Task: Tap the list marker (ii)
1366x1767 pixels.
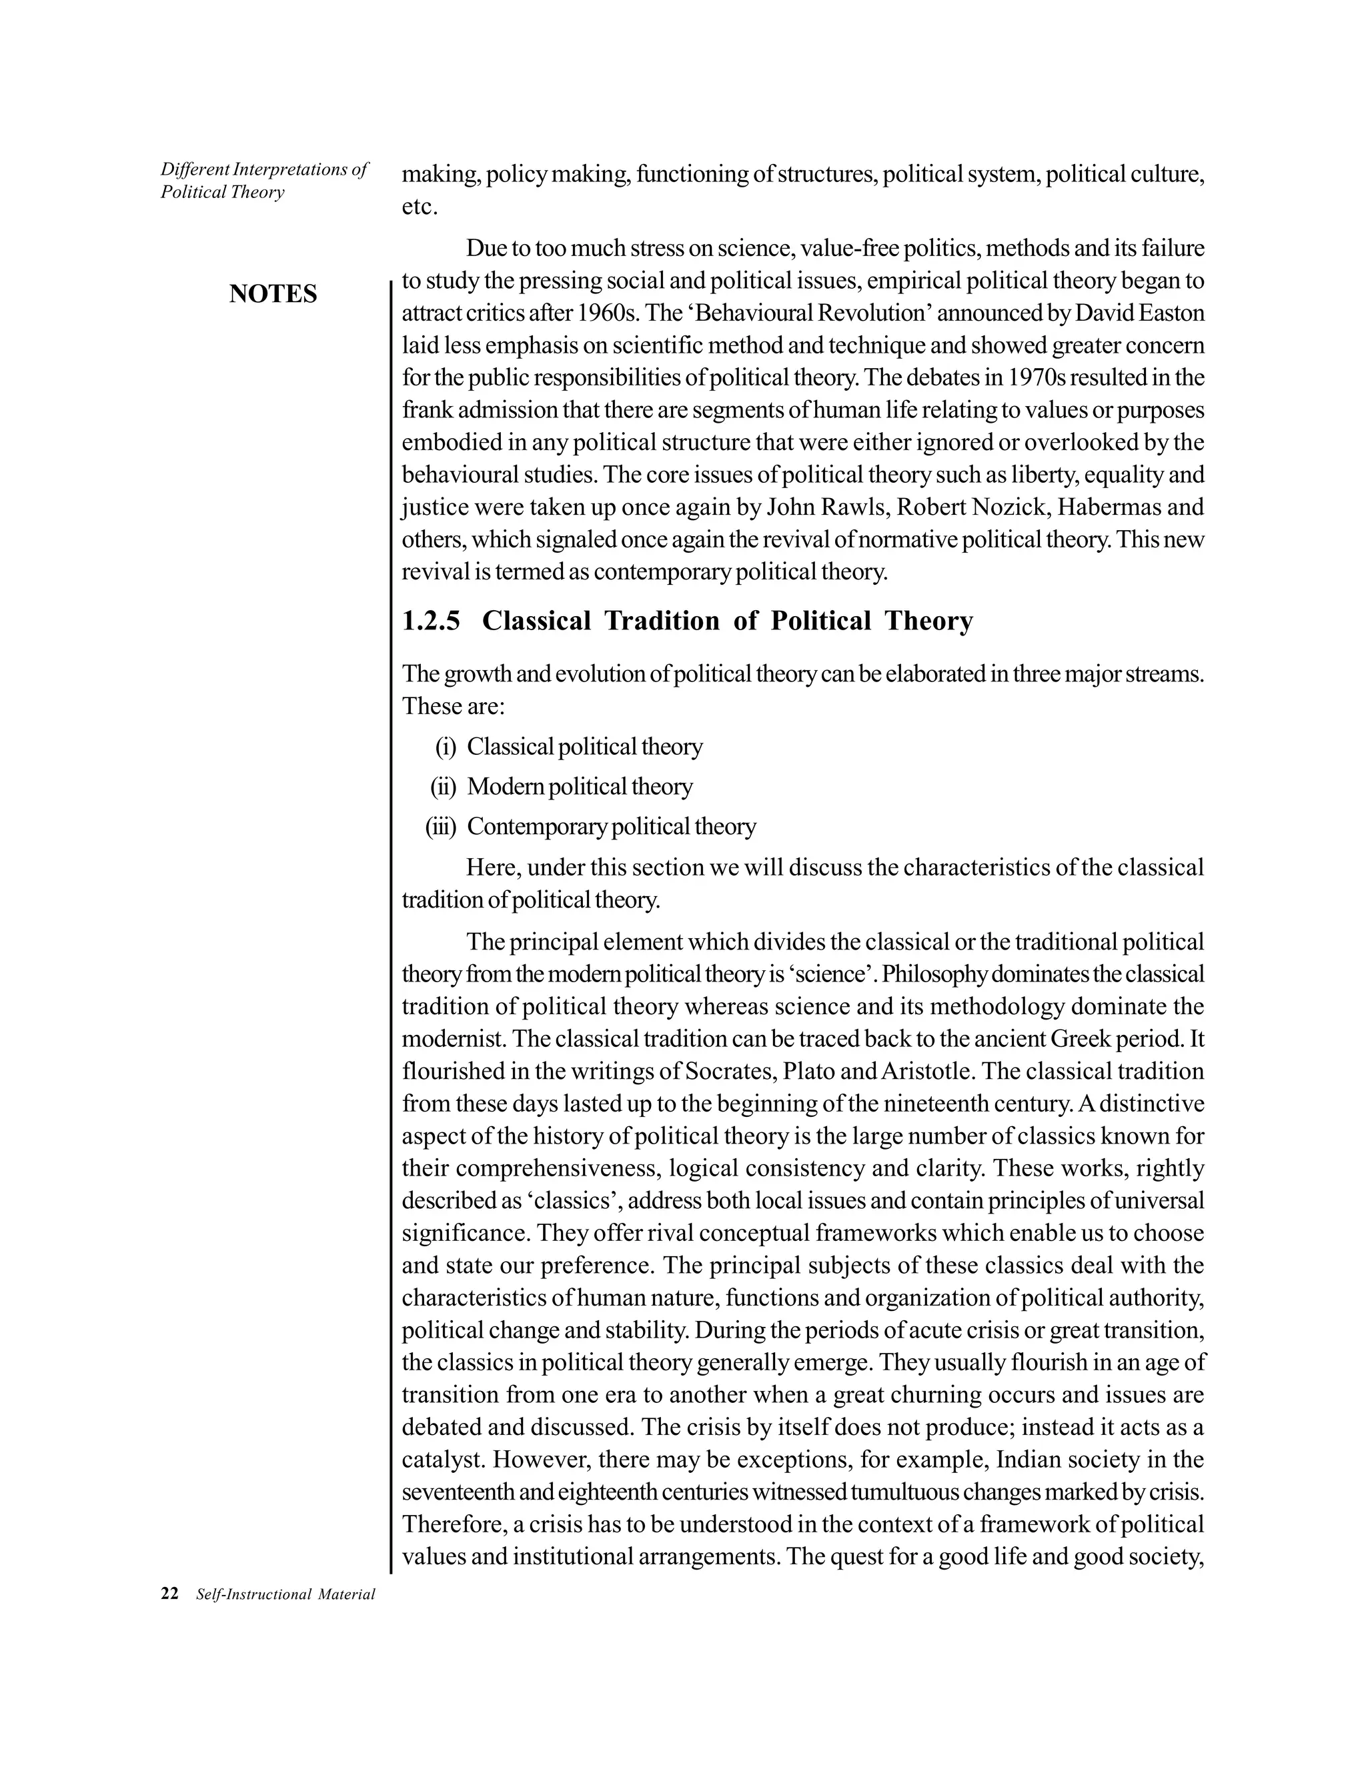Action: [444, 786]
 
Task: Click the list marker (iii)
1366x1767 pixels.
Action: [441, 827]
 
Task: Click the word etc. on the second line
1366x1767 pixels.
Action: [419, 208]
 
